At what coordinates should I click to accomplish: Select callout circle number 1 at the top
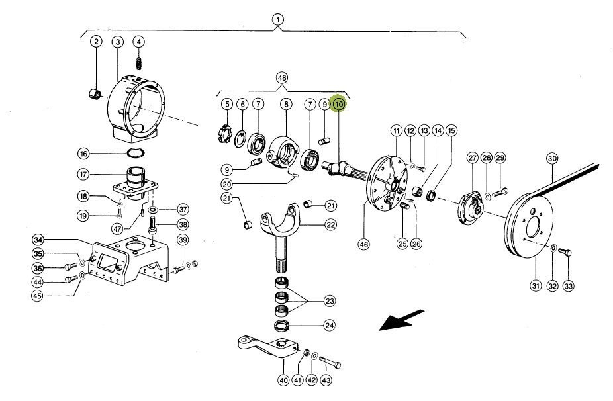click(278, 19)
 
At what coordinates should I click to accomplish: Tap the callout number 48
click(283, 78)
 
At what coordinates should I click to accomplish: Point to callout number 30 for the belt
click(552, 159)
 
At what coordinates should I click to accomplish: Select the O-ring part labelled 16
click(136, 154)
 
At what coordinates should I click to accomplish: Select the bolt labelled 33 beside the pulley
click(565, 251)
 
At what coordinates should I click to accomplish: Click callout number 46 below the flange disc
click(363, 244)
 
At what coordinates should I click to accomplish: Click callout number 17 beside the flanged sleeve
click(83, 175)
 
